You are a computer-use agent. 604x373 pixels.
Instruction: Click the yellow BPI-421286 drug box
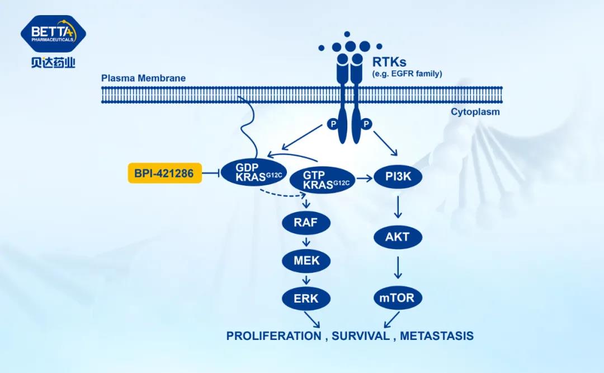[163, 174]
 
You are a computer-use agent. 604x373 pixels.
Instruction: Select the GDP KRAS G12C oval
[251, 172]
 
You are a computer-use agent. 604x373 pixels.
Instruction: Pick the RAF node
[305, 222]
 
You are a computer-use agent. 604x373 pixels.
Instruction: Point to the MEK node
[305, 260]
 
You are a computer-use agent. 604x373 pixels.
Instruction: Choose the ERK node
[305, 298]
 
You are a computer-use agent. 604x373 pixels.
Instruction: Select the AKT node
[397, 237]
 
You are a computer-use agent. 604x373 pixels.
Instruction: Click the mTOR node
[397, 297]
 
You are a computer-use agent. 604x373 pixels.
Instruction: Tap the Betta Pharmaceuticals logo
[53, 42]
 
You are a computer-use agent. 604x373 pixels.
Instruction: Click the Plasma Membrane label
[143, 78]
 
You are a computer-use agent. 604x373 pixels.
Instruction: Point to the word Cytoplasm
[475, 112]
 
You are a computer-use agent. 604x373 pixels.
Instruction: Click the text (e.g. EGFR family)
[407, 73]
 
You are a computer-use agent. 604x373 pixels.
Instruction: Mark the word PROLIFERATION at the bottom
[273, 336]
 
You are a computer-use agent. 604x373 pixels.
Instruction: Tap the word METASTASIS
[437, 336]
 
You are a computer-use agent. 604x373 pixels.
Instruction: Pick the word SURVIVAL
[360, 336]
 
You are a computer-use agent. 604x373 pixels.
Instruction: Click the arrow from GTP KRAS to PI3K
[364, 179]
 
